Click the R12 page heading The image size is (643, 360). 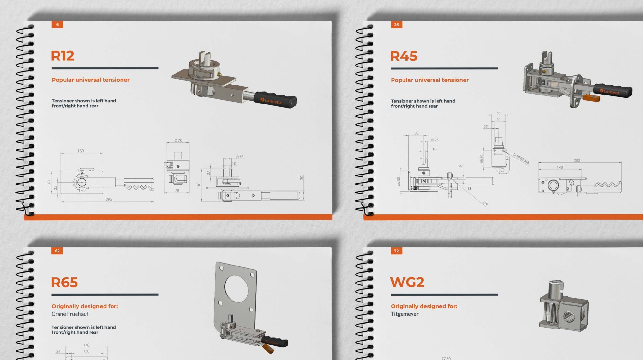point(63,56)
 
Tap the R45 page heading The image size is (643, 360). point(404,56)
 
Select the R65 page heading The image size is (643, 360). point(65,283)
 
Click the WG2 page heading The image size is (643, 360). point(407,282)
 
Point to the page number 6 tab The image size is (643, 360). point(57,24)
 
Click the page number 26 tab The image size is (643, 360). point(396,24)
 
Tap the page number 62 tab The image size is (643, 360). point(57,251)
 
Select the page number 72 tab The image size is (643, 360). point(396,251)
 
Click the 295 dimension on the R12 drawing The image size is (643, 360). point(109,200)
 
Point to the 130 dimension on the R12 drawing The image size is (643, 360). point(80,151)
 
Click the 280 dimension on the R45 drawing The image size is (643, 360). point(577,160)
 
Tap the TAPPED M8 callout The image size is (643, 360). point(521,158)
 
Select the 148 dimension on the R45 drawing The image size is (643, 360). point(560,167)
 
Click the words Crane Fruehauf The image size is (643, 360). point(70,314)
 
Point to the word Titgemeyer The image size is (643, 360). point(405,314)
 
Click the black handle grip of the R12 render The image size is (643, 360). point(275,100)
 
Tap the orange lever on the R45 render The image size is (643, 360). point(592,98)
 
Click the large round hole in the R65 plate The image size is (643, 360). point(236,287)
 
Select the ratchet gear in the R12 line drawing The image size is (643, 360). point(81,182)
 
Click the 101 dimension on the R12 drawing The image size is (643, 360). point(199,185)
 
